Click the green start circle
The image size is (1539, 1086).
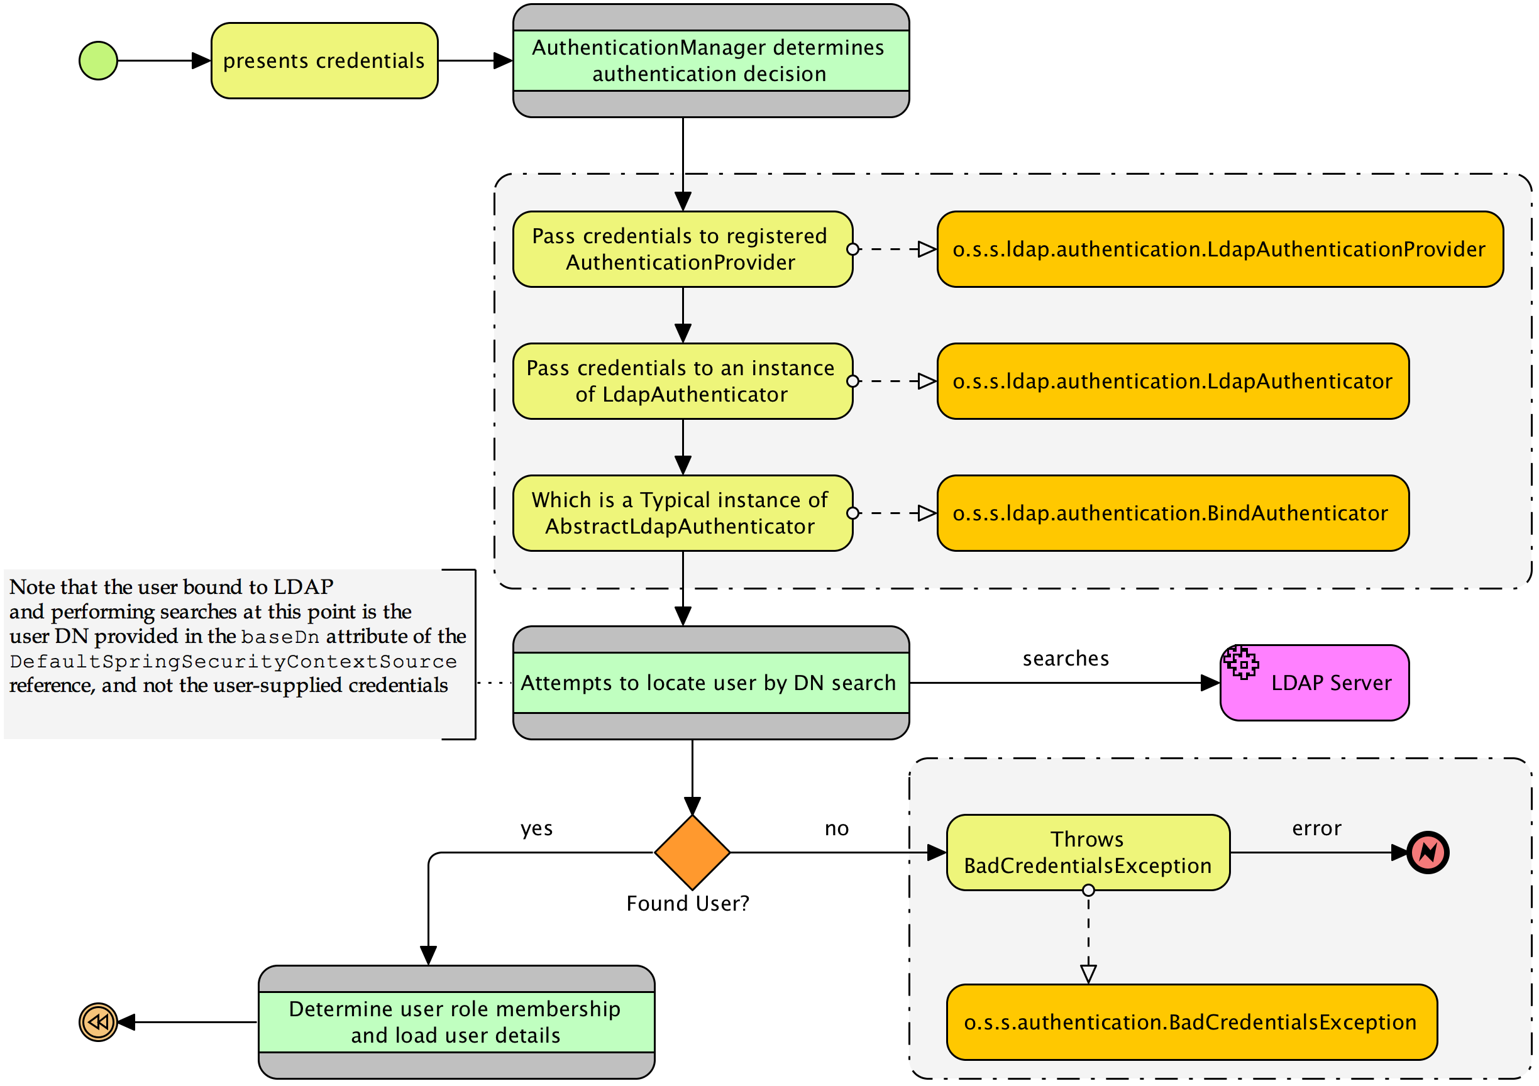pos(98,61)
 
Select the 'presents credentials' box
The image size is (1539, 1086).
pos(324,61)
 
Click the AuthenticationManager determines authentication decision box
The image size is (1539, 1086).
pos(710,61)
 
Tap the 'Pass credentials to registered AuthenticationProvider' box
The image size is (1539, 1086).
pos(682,250)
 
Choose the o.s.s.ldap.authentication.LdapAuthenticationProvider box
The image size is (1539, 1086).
pos(1219,250)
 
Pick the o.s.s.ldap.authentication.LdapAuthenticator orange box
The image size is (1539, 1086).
pos(1172,381)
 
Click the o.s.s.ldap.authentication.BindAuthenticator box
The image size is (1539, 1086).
pos(1172,513)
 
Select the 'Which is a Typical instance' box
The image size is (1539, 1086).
pos(682,513)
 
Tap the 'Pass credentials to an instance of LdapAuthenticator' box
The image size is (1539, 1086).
pos(682,381)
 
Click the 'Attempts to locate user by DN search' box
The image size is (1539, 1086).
pos(710,683)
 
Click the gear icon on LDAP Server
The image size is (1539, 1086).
pos(1241,663)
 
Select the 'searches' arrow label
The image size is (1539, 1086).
pos(1065,659)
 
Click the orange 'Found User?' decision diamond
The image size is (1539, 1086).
pos(692,852)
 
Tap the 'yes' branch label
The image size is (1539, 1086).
pos(536,829)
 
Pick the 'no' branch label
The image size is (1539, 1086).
pos(836,829)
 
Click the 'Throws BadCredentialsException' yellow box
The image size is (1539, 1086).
pos(1087,852)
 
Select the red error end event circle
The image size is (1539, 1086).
pos(1428,852)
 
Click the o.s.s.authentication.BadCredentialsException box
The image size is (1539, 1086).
pos(1191,1022)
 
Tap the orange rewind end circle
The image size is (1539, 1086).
pos(99,1022)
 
